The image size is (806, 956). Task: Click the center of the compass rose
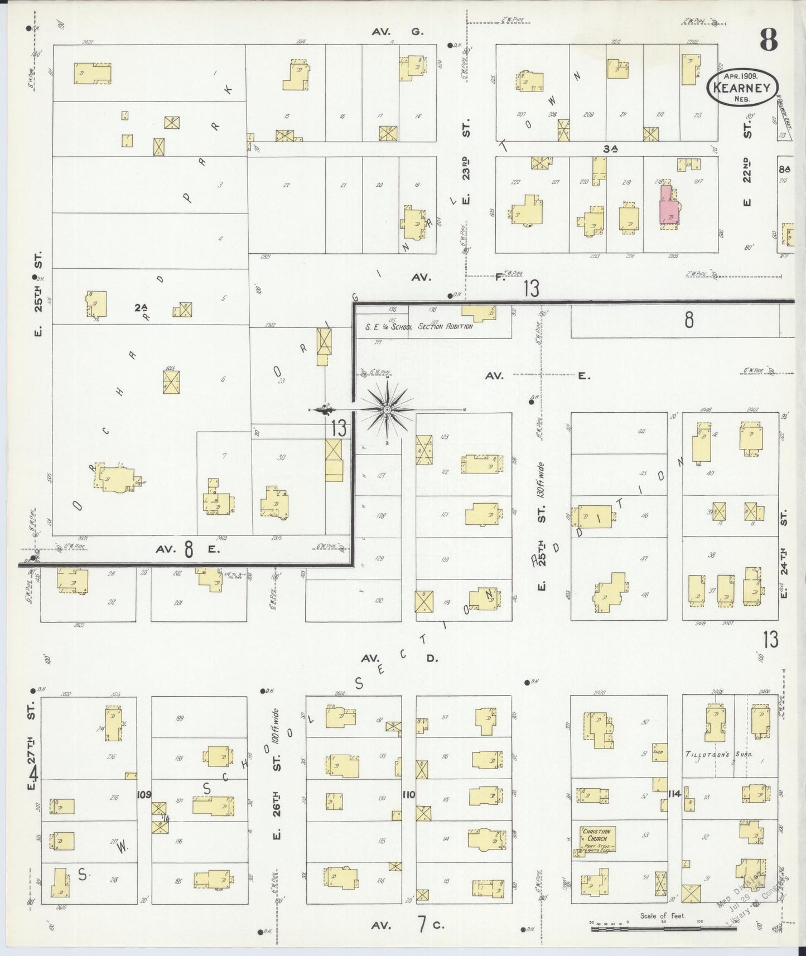point(387,410)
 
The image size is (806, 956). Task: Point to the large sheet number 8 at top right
point(768,40)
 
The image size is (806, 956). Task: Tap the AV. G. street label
point(398,32)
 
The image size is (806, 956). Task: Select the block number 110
point(408,794)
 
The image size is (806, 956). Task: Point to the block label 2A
point(141,307)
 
